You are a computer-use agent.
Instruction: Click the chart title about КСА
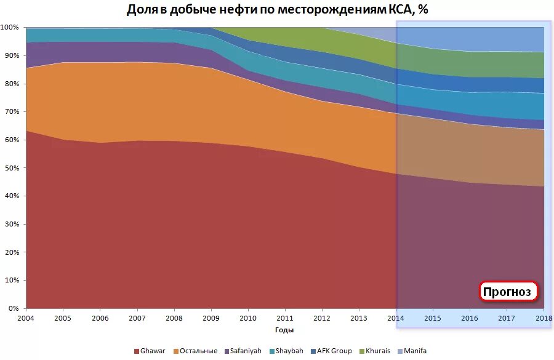tap(277, 10)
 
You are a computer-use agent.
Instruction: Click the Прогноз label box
tap(508, 292)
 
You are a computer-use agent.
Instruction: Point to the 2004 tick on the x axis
tap(26, 318)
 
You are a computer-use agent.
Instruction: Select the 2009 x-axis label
tap(211, 318)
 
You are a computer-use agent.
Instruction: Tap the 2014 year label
tap(396, 318)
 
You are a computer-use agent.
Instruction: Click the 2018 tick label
tap(543, 318)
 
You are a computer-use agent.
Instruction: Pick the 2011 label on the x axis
tap(285, 318)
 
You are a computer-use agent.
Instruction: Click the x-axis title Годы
tap(284, 330)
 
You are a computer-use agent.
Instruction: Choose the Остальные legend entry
tap(196, 351)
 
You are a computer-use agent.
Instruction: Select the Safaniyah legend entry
tap(243, 351)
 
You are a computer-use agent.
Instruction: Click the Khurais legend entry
tap(377, 351)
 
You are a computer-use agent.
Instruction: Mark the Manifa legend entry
tap(412, 351)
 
